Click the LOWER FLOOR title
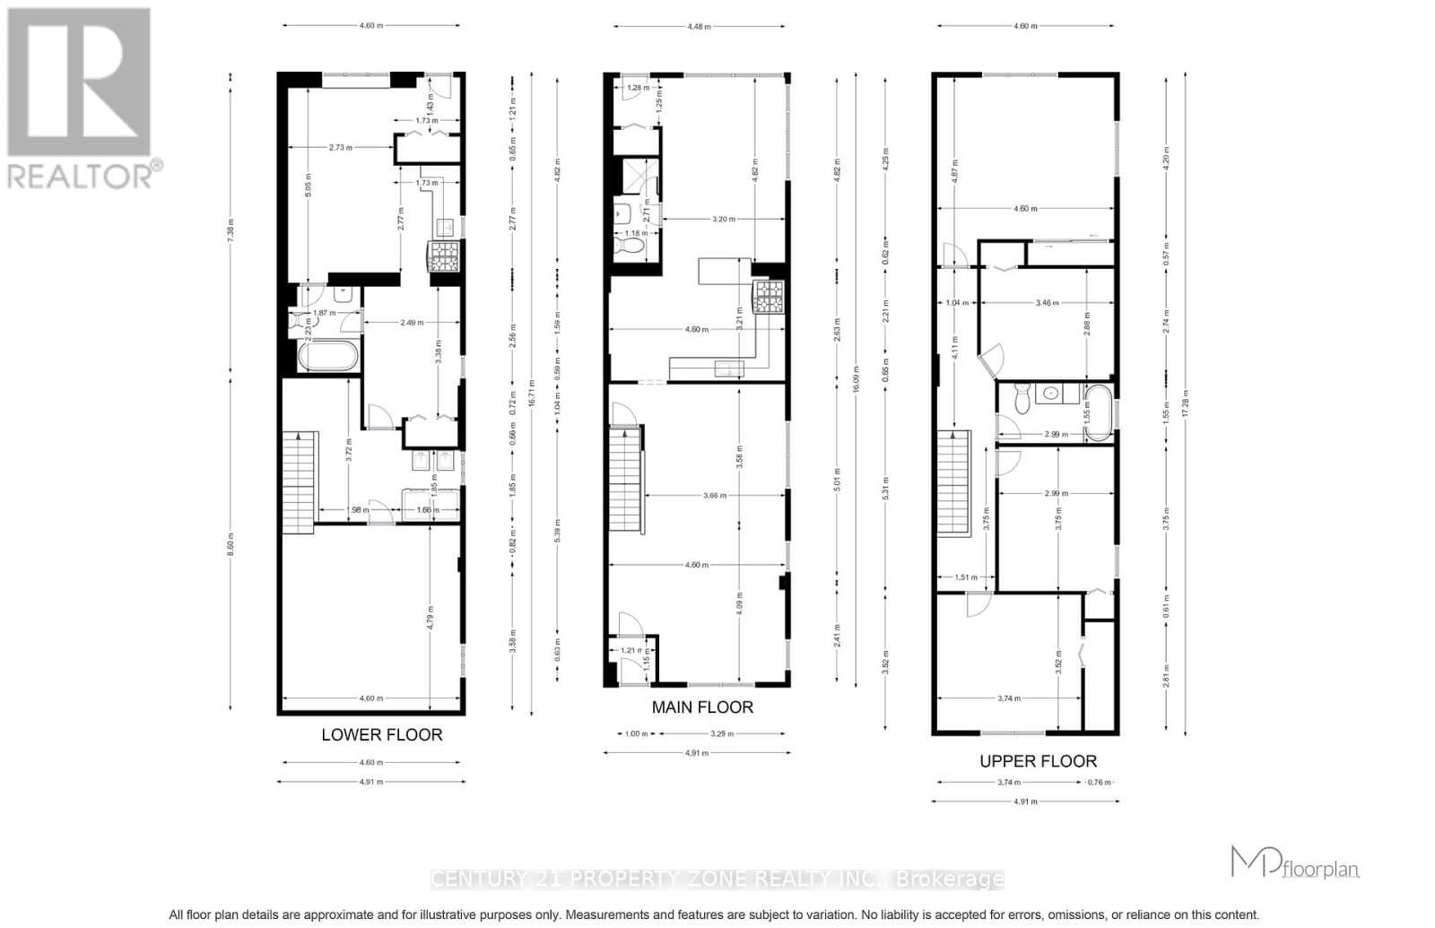(x=381, y=734)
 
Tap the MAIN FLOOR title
(x=702, y=707)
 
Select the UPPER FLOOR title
(x=1038, y=761)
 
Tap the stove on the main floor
(x=768, y=296)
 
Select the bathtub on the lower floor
(x=327, y=357)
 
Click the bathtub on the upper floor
(x=1098, y=412)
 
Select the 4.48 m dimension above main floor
(x=699, y=27)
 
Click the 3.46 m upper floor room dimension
(x=1046, y=303)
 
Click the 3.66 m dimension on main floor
(x=715, y=495)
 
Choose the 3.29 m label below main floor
(x=722, y=733)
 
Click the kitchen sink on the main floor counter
(x=727, y=369)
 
